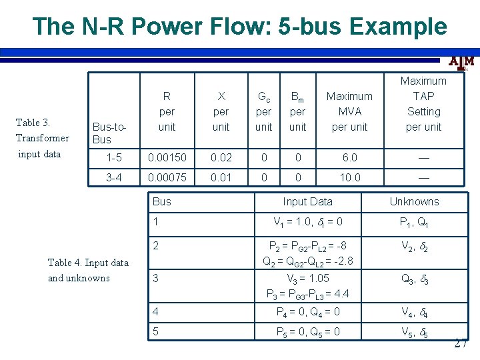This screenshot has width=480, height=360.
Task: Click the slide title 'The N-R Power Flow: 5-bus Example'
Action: [x=239, y=26]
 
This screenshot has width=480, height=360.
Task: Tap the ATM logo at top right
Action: [x=461, y=63]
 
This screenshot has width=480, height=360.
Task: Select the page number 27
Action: [x=460, y=344]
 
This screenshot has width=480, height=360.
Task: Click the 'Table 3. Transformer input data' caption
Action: [x=43, y=138]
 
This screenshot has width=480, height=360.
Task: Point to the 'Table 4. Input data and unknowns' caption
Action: [x=88, y=270]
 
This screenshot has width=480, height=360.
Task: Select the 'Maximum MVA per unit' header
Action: [x=349, y=111]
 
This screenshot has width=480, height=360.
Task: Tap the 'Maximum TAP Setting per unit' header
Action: [x=423, y=103]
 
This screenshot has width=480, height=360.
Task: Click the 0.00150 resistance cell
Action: [x=167, y=158]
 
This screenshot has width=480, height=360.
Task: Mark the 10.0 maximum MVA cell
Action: [x=349, y=177]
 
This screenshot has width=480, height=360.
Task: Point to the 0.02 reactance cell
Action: [x=221, y=158]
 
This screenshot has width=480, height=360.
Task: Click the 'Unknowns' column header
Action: [x=414, y=201]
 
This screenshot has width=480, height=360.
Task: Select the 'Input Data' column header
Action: [x=307, y=201]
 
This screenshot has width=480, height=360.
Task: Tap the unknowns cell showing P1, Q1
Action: [x=414, y=223]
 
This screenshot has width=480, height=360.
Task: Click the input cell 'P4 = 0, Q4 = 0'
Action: [x=307, y=311]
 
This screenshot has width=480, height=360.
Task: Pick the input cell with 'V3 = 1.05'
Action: [x=307, y=278]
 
